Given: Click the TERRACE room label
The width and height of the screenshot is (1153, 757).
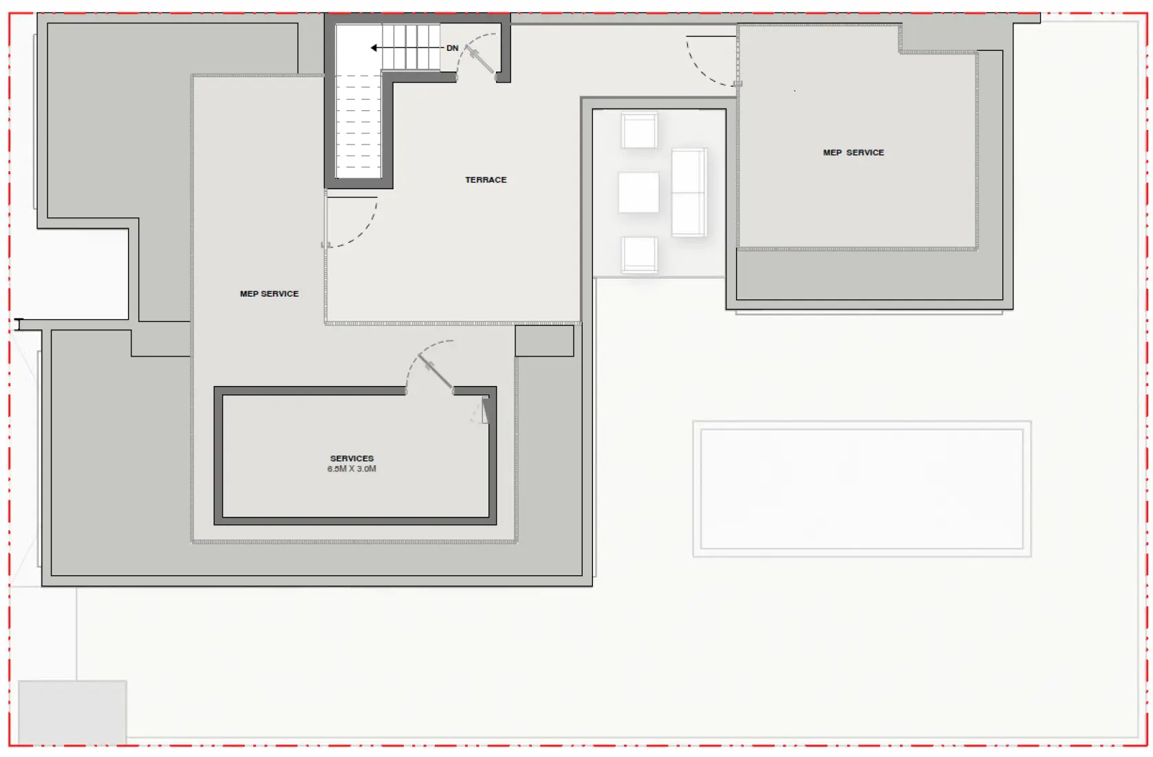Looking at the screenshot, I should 486,180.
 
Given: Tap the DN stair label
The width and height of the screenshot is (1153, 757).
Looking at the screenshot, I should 452,48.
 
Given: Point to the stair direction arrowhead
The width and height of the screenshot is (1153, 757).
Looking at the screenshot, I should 374,48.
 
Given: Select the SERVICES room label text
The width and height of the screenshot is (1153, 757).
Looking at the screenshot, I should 352,458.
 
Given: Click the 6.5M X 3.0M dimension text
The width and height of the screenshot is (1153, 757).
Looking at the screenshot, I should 352,469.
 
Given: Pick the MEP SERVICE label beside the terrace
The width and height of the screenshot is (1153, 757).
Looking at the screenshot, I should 269,294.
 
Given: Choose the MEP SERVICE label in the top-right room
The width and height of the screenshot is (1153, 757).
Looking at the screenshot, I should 853,153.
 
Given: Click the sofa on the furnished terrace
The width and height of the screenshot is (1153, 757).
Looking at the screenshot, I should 689,193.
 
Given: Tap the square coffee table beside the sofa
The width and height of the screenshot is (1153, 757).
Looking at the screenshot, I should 638,193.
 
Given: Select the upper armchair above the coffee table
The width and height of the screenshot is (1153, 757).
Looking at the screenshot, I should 639,131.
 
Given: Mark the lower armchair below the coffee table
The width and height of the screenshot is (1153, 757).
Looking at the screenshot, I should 639,254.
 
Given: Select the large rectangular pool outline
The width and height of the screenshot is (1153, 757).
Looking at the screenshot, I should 861,489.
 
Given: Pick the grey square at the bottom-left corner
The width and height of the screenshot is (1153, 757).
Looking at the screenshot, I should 72,712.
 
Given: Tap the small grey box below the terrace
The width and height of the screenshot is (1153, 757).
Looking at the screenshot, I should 544,341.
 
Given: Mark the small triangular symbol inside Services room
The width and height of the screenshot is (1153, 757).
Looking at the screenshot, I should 484,411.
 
